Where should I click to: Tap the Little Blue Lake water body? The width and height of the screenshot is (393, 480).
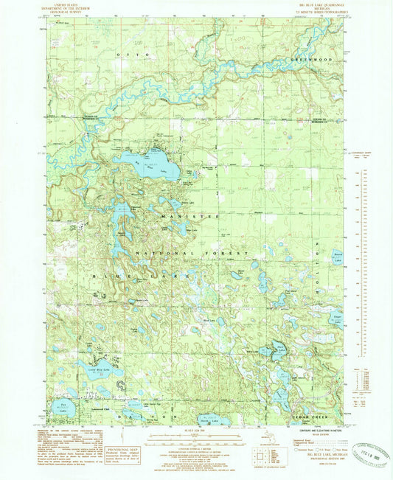pos(95,372)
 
